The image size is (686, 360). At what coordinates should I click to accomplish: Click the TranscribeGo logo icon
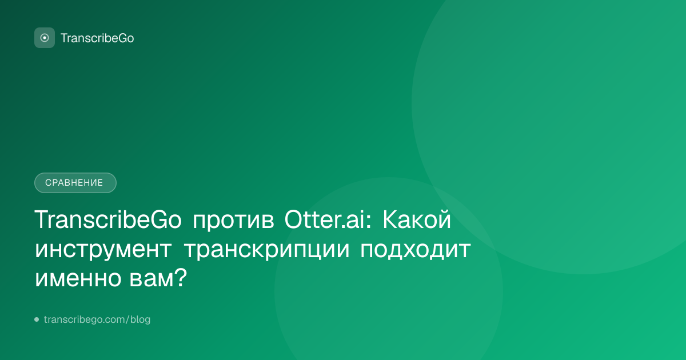tap(45, 38)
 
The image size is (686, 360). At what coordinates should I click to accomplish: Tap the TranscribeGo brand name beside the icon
tap(97, 38)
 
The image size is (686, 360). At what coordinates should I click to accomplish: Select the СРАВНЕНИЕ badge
tap(75, 183)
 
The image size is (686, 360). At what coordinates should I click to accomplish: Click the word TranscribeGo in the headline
tap(108, 219)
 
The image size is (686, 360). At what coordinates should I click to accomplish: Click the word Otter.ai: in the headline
tap(328, 219)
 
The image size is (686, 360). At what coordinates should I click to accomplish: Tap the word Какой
tap(417, 219)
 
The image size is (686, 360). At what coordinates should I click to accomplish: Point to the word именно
tap(78, 279)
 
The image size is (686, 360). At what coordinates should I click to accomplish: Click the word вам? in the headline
tap(158, 277)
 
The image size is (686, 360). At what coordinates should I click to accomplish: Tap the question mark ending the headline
tap(181, 277)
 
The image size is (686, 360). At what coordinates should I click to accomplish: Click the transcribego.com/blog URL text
tap(97, 319)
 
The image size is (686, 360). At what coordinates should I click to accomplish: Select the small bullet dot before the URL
tap(37, 319)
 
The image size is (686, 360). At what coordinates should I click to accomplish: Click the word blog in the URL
tap(140, 319)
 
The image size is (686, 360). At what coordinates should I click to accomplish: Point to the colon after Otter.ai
tap(368, 221)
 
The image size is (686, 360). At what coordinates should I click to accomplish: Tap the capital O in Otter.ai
tap(294, 219)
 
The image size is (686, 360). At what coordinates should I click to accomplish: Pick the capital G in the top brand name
tap(122, 38)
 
